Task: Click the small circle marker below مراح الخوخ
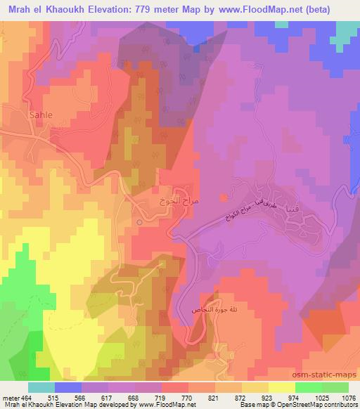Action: (x=139, y=222)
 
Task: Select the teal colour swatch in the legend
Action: (x=41, y=387)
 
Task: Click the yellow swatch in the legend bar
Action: (x=281, y=387)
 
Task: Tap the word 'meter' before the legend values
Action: (x=11, y=398)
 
